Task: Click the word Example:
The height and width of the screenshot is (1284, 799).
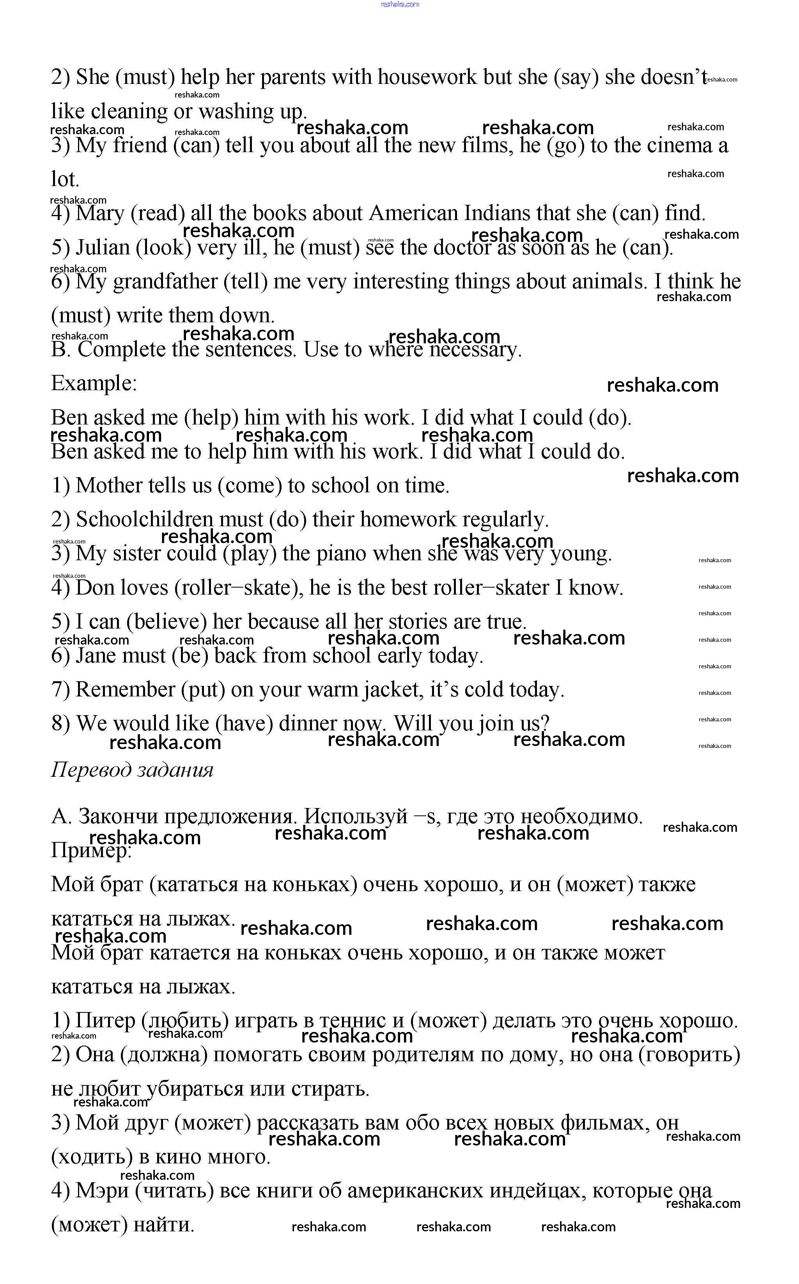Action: pyautogui.click(x=94, y=383)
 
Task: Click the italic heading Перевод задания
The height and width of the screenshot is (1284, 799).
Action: pyautogui.click(x=132, y=770)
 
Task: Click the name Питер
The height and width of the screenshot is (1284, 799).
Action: pyautogui.click(x=105, y=1021)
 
